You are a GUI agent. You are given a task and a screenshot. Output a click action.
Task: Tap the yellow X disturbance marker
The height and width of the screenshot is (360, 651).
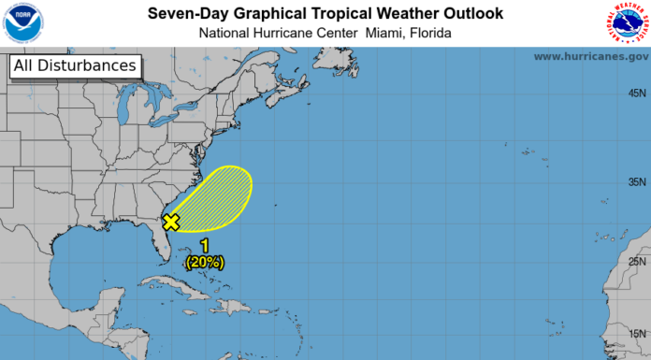171,222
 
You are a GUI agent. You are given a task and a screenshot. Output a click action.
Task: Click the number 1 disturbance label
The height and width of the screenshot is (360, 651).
205,247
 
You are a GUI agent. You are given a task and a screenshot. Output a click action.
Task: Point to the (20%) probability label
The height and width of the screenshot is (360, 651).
205,262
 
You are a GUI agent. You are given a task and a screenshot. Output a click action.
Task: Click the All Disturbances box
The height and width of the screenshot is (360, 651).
75,66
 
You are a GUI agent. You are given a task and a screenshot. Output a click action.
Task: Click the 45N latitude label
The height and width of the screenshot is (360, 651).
638,93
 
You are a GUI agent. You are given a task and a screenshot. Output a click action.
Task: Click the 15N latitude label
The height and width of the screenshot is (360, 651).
638,333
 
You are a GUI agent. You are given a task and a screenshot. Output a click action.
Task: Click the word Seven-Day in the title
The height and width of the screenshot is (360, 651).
185,13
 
